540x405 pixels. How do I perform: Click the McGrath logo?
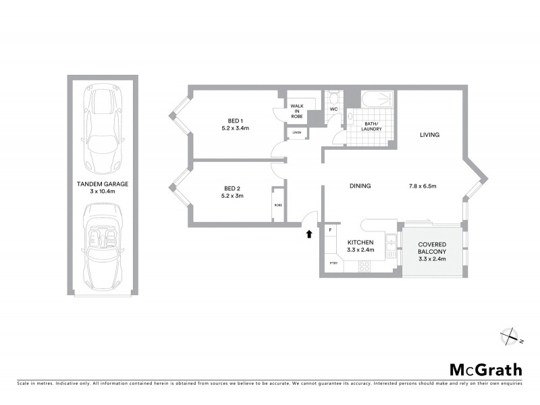486,369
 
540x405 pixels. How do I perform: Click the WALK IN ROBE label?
298,111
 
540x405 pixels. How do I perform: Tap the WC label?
333,109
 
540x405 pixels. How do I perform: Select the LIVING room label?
429,135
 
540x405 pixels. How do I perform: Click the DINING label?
361,186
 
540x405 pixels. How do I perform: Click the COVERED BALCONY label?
432,249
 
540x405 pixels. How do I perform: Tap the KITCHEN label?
360,242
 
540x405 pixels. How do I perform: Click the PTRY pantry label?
333,263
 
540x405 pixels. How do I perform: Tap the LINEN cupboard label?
297,132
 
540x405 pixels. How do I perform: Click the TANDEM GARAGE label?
103,184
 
